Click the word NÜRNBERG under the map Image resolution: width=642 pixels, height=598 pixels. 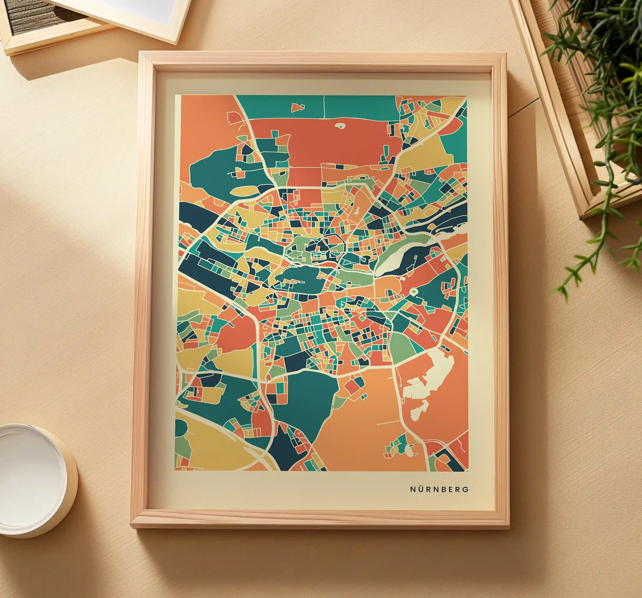[439, 489]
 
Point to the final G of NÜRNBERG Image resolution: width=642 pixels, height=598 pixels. [466, 489]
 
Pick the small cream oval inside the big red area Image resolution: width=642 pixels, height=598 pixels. [340, 126]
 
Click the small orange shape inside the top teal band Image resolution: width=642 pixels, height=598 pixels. [297, 107]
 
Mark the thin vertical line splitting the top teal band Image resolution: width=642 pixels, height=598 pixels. [324, 107]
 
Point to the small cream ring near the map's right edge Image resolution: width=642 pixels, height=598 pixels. [414, 292]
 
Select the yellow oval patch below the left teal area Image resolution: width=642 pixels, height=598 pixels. [243, 191]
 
